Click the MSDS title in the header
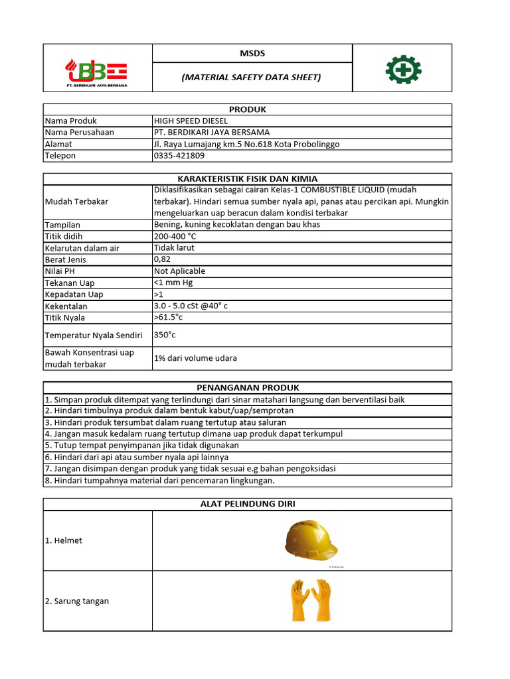pyautogui.click(x=252, y=53)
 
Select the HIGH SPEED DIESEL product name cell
pyautogui.click(x=191, y=121)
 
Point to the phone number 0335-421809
pyautogui.click(x=179, y=156)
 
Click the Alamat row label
pyautogui.click(x=58, y=144)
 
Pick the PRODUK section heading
pyautogui.click(x=247, y=109)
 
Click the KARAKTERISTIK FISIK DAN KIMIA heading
pyautogui.click(x=247, y=179)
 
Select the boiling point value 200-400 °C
pyautogui.click(x=175, y=236)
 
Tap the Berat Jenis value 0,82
pyautogui.click(x=162, y=259)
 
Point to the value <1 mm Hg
pyautogui.click(x=173, y=283)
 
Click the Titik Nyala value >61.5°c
pyautogui.click(x=168, y=318)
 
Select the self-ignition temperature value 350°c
pyautogui.click(x=165, y=335)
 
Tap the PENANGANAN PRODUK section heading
pyautogui.click(x=247, y=387)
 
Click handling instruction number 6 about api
pyautogui.click(x=137, y=458)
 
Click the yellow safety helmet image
pyautogui.click(x=310, y=539)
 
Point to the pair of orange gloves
pyautogui.click(x=310, y=600)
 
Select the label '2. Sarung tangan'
pyautogui.click(x=77, y=601)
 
